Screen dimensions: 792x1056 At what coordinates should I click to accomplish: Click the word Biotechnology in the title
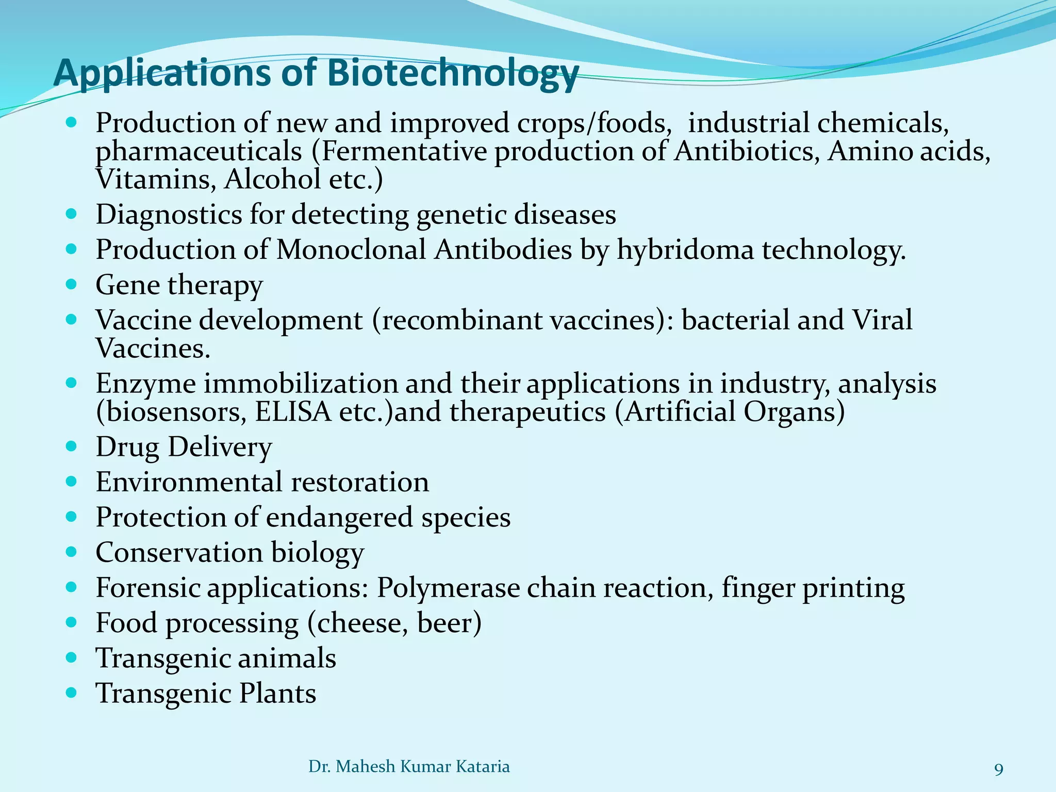tap(453, 73)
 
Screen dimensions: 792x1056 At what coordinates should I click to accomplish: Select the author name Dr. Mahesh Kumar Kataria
tap(409, 767)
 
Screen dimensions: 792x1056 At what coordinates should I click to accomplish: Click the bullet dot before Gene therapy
tap(72, 284)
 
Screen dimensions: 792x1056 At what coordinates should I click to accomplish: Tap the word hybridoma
tap(685, 250)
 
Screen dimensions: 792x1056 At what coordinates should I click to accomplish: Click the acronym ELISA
tap(293, 412)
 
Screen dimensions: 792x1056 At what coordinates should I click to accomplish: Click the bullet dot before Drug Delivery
tap(72, 446)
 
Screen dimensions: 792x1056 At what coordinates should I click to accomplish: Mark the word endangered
tap(339, 517)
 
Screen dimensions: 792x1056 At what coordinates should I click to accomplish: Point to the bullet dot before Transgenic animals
tap(72, 657)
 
